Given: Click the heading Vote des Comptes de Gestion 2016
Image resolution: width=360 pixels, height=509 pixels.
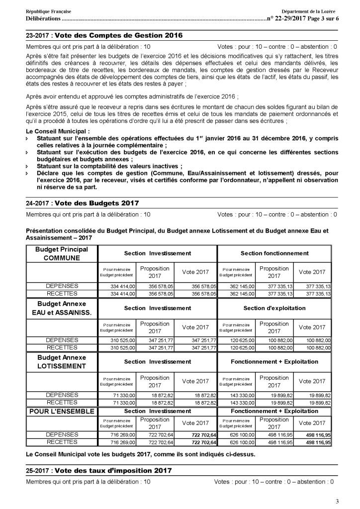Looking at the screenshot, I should tap(118, 35).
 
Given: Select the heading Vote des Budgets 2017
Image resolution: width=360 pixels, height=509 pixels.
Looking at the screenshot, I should tap(96, 203).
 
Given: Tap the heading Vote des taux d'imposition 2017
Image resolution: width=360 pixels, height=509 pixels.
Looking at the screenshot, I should tap(113, 470).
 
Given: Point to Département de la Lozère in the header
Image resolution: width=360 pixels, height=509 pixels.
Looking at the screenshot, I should tap(309, 11).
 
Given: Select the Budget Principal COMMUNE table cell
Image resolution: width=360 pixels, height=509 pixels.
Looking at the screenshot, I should tap(62, 254).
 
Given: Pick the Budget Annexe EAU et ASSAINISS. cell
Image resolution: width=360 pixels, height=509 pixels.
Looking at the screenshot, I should tap(62, 308).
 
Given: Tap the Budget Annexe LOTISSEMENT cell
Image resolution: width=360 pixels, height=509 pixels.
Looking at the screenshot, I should tap(62, 362).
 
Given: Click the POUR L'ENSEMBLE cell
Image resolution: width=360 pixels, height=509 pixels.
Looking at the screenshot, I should tap(62, 412).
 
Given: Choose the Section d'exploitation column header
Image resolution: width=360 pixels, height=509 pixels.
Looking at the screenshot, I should tap(274, 308).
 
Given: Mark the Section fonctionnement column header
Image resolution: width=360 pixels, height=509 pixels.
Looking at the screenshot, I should tap(274, 254).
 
